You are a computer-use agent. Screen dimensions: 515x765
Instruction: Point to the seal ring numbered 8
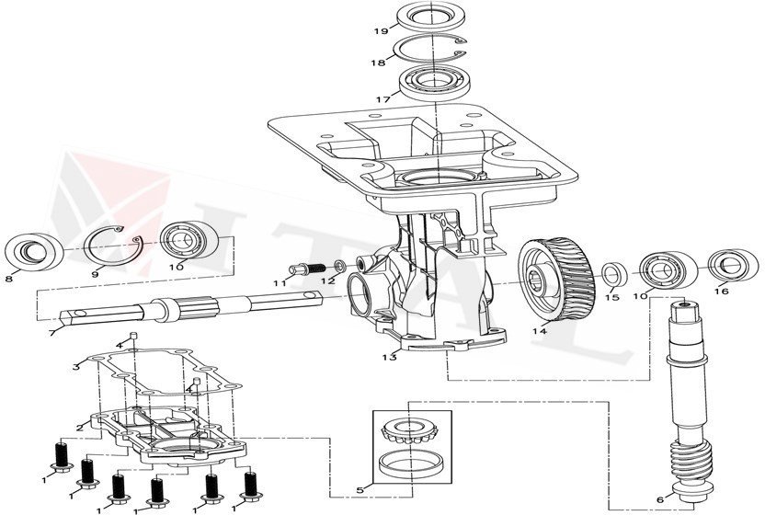click(x=33, y=250)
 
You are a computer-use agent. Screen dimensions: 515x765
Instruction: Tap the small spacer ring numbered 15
click(x=614, y=273)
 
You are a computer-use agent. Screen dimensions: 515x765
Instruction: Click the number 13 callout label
click(x=390, y=357)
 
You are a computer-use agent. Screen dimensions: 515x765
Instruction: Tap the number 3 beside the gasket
click(x=77, y=366)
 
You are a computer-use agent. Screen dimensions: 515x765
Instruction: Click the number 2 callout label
click(x=81, y=427)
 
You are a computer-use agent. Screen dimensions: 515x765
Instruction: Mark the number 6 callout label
click(x=659, y=499)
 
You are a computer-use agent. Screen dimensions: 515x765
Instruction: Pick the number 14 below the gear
click(x=540, y=331)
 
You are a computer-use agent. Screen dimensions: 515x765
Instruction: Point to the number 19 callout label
click(x=380, y=30)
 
